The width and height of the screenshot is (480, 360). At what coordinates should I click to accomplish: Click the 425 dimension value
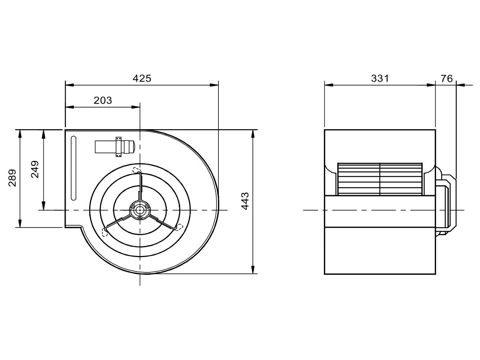142,78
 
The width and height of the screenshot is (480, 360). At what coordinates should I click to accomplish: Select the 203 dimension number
103,100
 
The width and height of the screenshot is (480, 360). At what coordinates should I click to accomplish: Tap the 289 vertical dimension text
12,178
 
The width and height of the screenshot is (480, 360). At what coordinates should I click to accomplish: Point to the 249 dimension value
35,169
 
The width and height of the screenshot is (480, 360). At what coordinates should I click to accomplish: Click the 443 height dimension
245,201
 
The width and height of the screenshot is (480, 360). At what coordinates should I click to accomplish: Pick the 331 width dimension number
380,78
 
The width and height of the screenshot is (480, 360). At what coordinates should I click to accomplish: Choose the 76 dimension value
446,78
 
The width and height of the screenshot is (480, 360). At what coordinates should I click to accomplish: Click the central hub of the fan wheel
140,210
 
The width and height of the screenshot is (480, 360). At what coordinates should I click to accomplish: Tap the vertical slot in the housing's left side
73,168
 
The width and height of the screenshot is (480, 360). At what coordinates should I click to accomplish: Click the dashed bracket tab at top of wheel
137,170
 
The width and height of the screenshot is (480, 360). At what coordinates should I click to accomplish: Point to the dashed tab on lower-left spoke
106,232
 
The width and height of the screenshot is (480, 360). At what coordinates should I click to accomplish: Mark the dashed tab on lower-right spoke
178,227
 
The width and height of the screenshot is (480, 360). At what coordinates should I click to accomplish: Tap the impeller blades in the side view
380,179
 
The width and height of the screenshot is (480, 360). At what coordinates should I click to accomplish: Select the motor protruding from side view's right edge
444,204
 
